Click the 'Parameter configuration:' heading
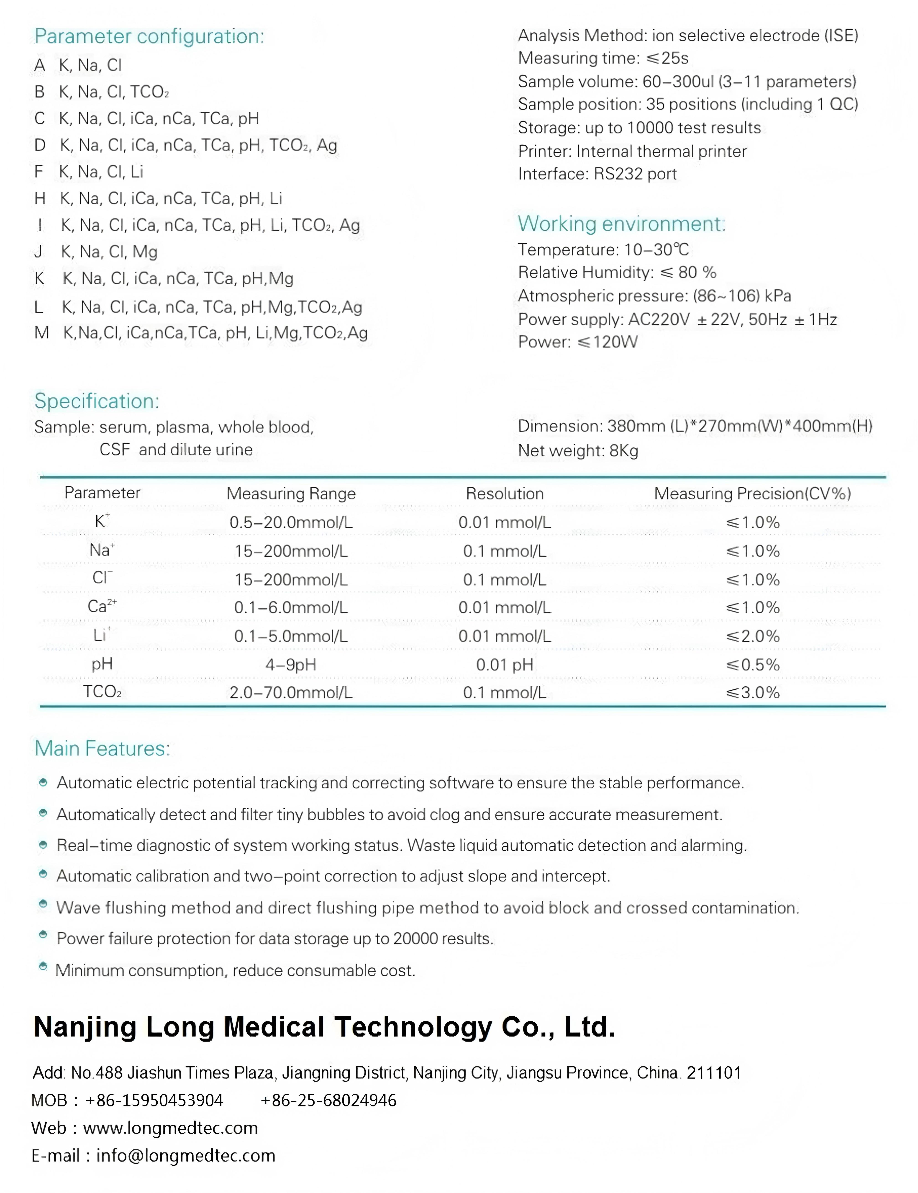[149, 37]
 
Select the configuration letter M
[41, 333]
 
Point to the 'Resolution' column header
[505, 494]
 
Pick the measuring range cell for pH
[290, 665]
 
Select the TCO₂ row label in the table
[102, 692]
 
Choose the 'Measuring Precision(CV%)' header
[752, 494]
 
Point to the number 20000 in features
[415, 939]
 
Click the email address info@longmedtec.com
[186, 1156]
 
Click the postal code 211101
[714, 1073]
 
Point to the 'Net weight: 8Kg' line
[578, 451]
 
